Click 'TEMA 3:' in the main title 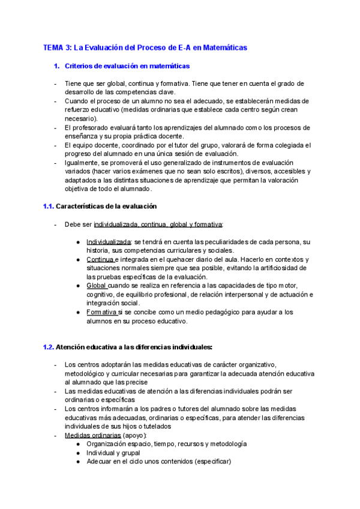[x=58, y=47]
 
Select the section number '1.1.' [x=48, y=206]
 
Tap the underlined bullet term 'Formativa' [x=101, y=312]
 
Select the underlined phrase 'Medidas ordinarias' [x=92, y=435]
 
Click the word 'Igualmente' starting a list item [x=83, y=163]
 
